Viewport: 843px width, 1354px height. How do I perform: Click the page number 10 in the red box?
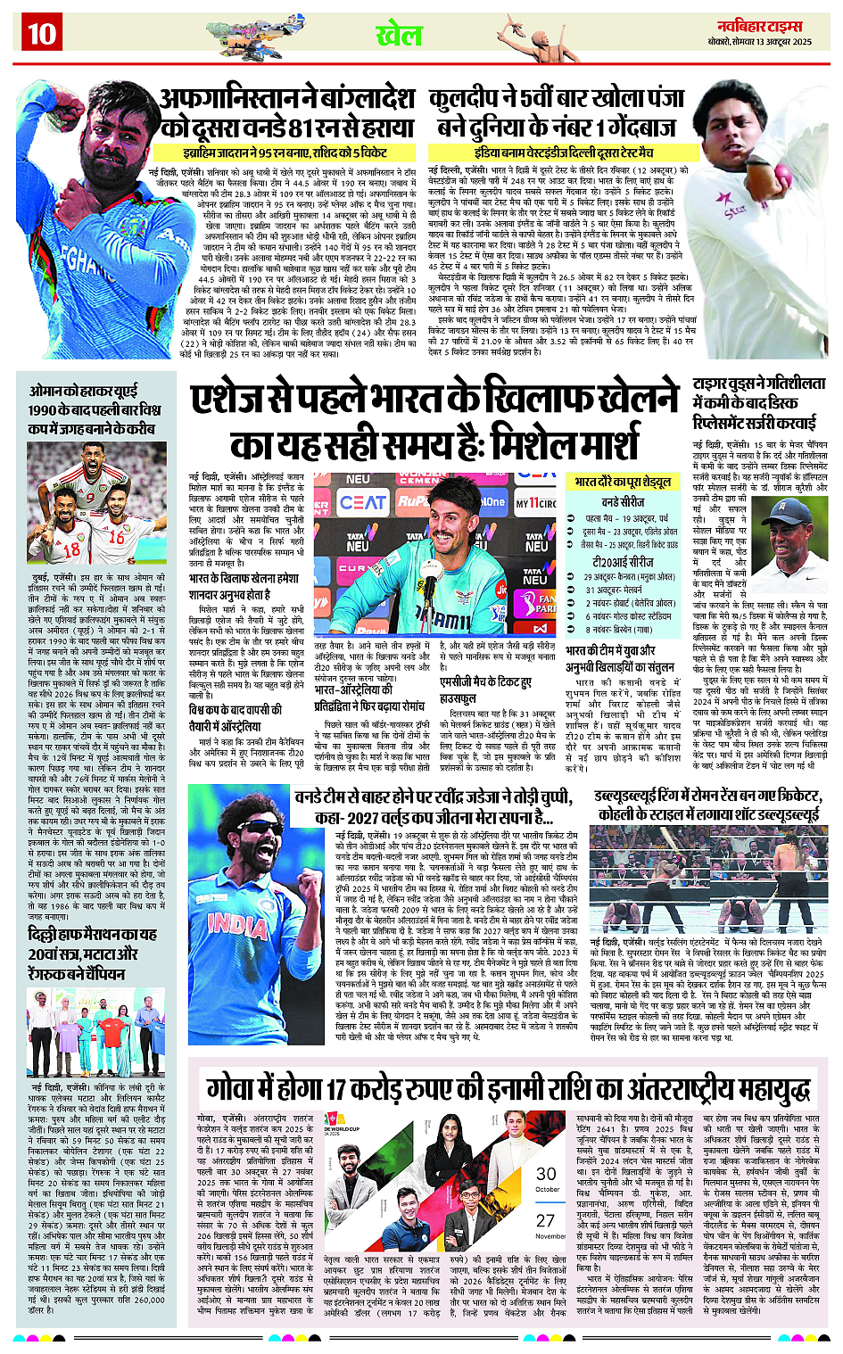(41, 34)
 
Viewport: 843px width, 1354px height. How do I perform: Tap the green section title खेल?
(398, 36)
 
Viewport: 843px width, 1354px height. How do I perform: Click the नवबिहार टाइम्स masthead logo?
(772, 26)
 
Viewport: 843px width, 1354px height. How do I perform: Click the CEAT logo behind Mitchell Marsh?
(362, 503)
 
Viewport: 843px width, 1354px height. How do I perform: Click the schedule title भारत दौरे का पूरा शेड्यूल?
(622, 482)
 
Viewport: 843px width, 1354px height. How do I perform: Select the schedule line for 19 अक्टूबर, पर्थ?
(625, 518)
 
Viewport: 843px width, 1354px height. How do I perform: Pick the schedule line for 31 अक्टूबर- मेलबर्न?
(619, 590)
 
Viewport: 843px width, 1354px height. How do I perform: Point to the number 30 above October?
(546, 1175)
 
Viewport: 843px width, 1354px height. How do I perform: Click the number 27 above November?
(545, 1221)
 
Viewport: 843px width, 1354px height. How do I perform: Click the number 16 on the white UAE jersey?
(117, 538)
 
